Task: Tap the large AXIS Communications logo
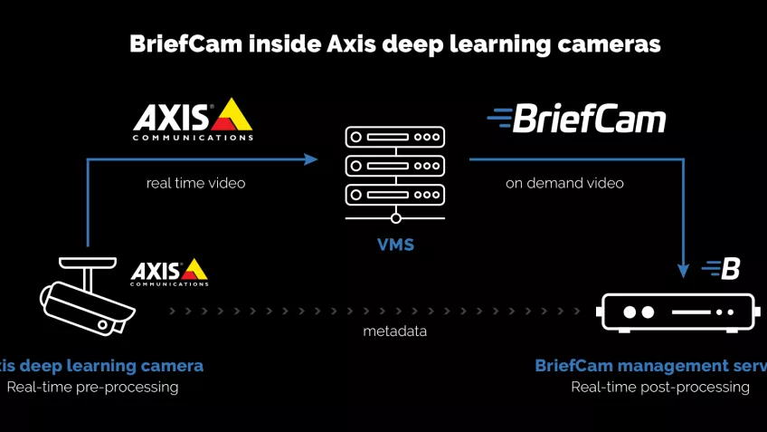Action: pyautogui.click(x=193, y=120)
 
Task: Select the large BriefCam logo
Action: pyautogui.click(x=576, y=119)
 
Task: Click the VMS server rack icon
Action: pyautogui.click(x=395, y=172)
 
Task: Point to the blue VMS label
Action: pyautogui.click(x=395, y=245)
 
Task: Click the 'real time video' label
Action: pyautogui.click(x=195, y=183)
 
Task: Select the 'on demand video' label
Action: pyautogui.click(x=564, y=183)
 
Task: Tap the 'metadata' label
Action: pyautogui.click(x=394, y=331)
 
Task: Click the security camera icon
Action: pyautogui.click(x=87, y=295)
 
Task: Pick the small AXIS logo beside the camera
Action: pyautogui.click(x=169, y=272)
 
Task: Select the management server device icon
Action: pyautogui.click(x=676, y=312)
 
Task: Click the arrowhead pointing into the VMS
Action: pyautogui.click(x=311, y=159)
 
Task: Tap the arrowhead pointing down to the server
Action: pyautogui.click(x=684, y=269)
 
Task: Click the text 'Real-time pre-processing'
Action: pyautogui.click(x=92, y=387)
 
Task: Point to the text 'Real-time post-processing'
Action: pyautogui.click(x=659, y=387)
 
